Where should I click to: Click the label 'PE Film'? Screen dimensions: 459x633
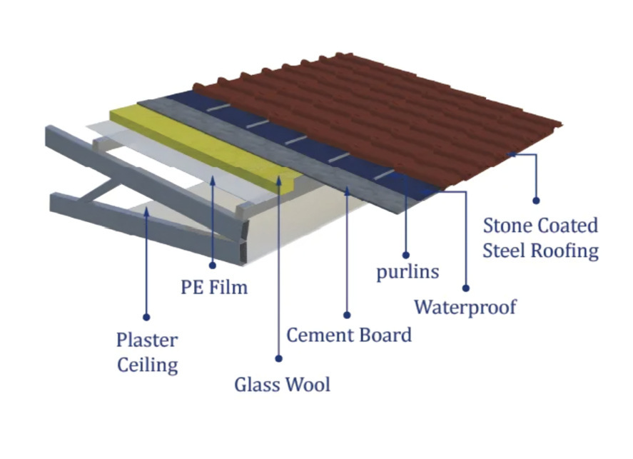(x=213, y=288)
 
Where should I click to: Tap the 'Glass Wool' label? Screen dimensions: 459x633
(x=283, y=384)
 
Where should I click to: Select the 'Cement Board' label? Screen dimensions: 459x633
(x=349, y=334)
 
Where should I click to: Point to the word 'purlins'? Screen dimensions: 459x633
(x=407, y=272)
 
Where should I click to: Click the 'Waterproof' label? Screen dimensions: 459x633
(x=465, y=307)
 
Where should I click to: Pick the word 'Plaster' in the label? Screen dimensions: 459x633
(x=147, y=341)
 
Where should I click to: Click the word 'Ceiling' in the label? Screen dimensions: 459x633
(x=147, y=365)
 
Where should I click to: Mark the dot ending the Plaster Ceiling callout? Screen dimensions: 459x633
(x=146, y=316)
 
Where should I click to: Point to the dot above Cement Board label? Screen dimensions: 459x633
(x=348, y=313)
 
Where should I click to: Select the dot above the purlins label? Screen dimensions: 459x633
(x=405, y=254)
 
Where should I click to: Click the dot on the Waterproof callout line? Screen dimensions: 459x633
(x=465, y=288)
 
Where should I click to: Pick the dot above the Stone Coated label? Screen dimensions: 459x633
(x=536, y=201)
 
